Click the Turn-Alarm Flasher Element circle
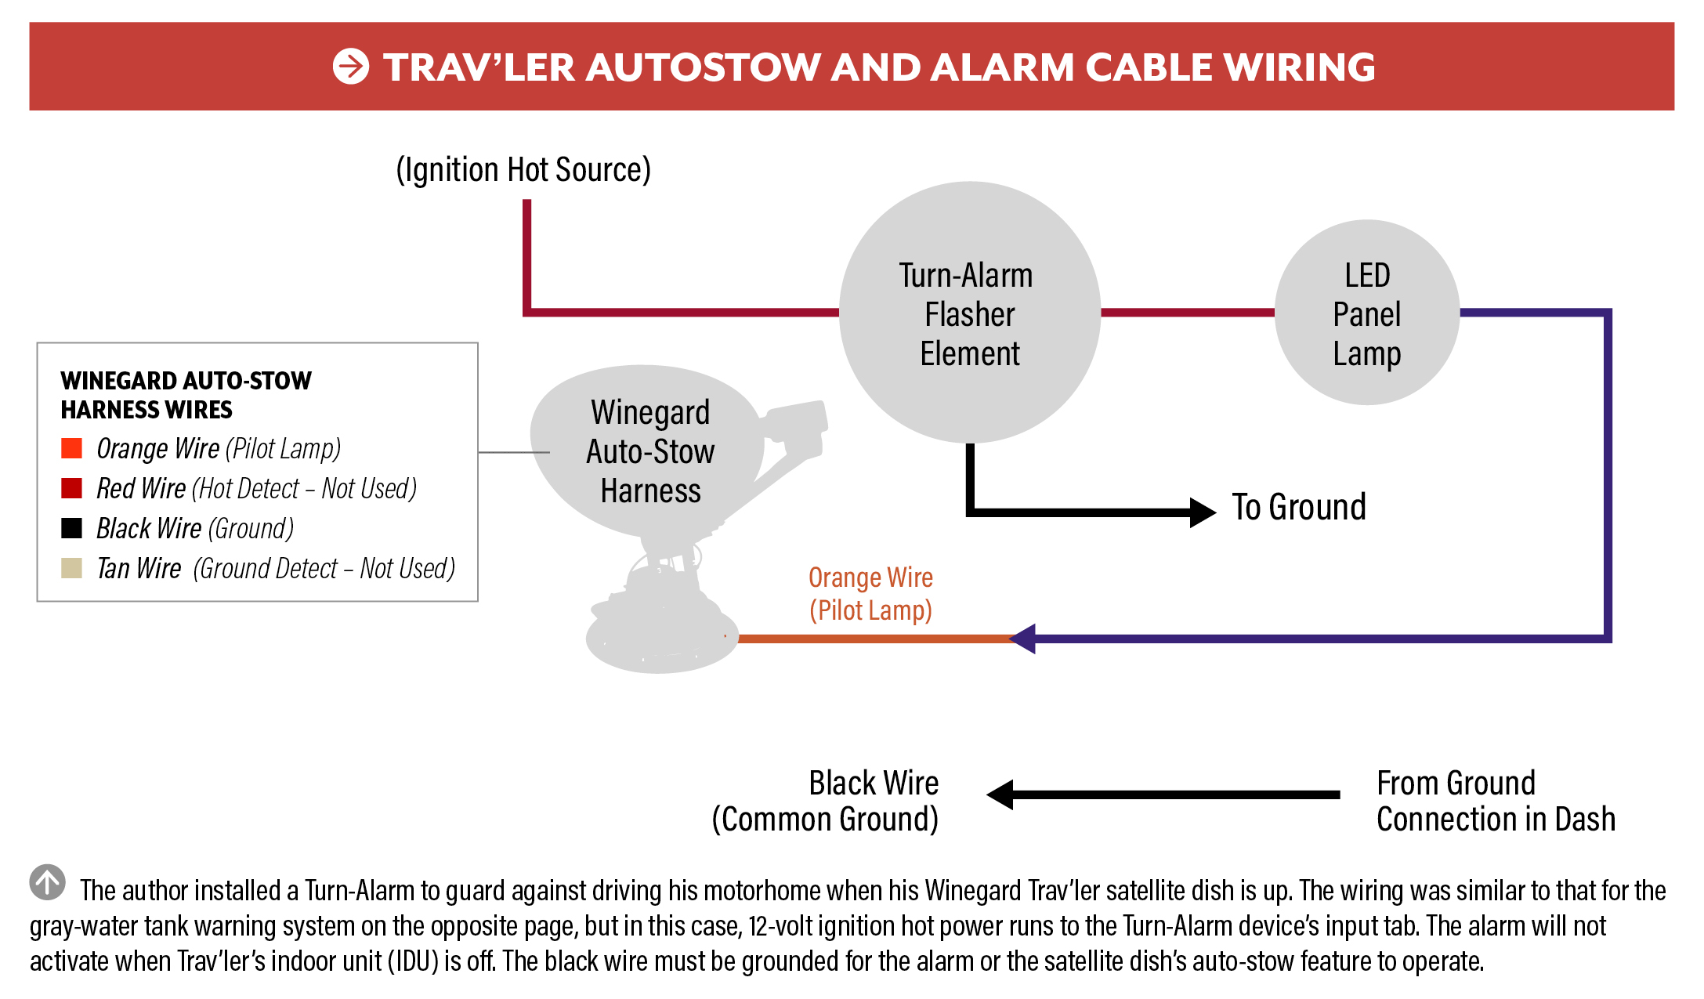(970, 313)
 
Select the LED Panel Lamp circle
(1367, 313)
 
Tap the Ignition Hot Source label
(523, 170)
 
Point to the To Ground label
(1299, 508)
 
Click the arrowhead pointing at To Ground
(1202, 512)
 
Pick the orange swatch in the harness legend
(72, 448)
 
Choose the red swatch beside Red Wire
(72, 488)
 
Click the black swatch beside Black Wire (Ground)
(72, 528)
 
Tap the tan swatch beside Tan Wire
(72, 568)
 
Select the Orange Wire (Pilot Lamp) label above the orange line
(870, 594)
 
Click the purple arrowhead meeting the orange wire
(1023, 639)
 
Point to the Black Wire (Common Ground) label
(826, 801)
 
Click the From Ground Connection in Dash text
(1495, 801)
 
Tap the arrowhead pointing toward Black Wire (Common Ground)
(1000, 794)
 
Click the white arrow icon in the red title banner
(350, 67)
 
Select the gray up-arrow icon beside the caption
(48, 882)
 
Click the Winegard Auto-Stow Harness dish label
(650, 451)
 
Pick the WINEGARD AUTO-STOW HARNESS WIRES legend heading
(186, 395)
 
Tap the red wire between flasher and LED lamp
(1188, 313)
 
